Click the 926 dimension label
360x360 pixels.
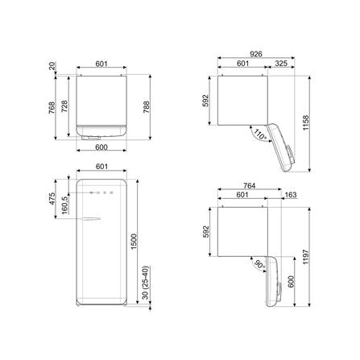[x=256, y=54]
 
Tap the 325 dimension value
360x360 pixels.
[x=281, y=64]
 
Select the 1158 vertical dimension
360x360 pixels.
[x=306, y=123]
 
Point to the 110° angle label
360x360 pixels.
[x=260, y=134]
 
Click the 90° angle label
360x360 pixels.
[x=260, y=265]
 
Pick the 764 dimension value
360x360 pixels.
[x=249, y=185]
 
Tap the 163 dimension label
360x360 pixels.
[x=291, y=195]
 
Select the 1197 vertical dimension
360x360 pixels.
[x=306, y=257]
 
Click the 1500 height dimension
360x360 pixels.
[x=134, y=242]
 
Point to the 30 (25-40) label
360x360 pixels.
[x=145, y=283]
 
